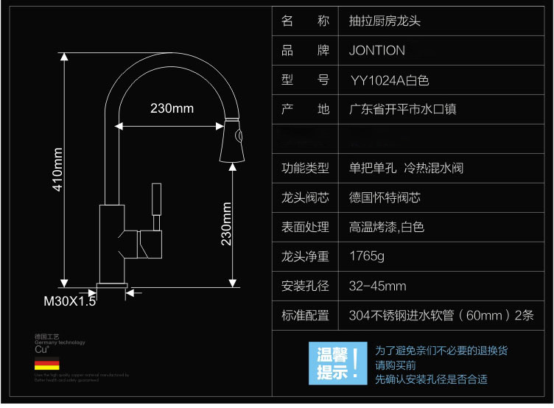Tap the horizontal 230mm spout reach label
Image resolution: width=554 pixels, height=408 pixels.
(172, 108)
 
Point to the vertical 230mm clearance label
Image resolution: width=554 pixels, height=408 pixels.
(227, 224)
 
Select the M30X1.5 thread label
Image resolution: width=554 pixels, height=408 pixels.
(70, 301)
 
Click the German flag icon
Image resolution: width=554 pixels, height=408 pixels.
(46, 365)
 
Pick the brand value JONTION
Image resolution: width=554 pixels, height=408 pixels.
(376, 51)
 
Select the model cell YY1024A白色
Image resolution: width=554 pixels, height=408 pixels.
(390, 80)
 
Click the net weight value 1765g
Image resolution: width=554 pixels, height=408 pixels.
(367, 257)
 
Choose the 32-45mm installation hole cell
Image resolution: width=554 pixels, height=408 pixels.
(377, 286)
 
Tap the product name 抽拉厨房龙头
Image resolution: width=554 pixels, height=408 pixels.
(385, 21)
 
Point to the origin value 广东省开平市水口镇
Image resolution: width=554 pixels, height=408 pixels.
(402, 110)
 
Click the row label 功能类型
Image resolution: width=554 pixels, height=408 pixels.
(305, 169)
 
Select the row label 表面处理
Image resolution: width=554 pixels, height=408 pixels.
(305, 228)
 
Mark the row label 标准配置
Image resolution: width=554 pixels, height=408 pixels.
(305, 316)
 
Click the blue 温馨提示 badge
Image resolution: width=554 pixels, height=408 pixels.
(337, 364)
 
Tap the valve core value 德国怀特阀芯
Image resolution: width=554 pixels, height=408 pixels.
(385, 198)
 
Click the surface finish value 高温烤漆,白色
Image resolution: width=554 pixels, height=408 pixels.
(387, 228)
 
